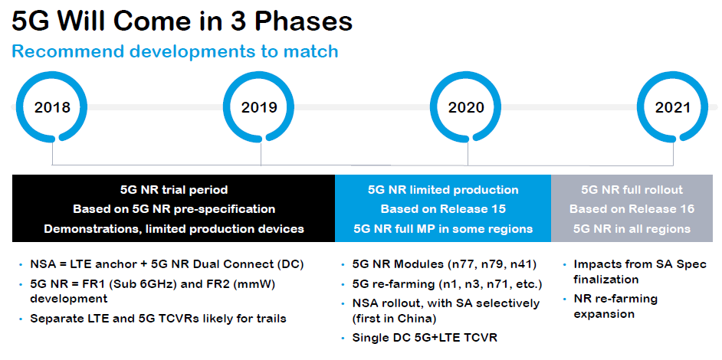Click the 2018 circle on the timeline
(52, 106)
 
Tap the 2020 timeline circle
(466, 106)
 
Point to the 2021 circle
(672, 106)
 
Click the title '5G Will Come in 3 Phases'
(182, 21)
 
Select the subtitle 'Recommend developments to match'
(175, 52)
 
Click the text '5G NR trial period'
(174, 189)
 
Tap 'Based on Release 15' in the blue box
(443, 208)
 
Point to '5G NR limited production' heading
(443, 189)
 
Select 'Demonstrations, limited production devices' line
(174, 228)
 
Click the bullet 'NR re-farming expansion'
(615, 306)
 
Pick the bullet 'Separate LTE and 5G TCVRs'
(158, 318)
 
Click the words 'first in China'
(394, 318)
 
